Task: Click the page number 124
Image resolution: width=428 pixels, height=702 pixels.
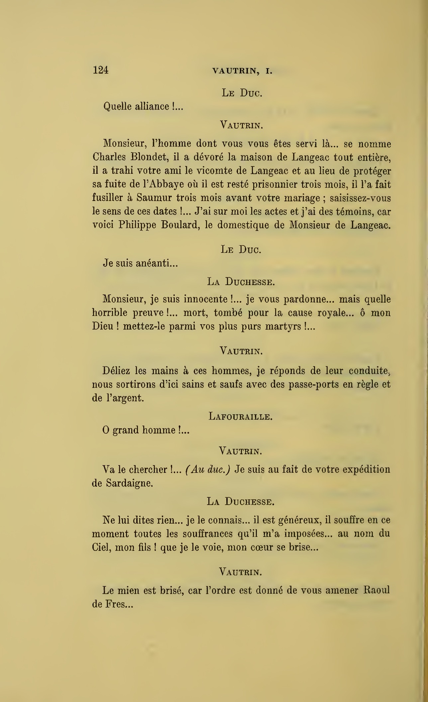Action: [101, 70]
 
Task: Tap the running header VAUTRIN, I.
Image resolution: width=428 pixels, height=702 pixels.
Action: [242, 71]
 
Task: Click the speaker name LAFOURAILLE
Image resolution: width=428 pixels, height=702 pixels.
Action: [241, 416]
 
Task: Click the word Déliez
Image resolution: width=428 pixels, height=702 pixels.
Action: [116, 371]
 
